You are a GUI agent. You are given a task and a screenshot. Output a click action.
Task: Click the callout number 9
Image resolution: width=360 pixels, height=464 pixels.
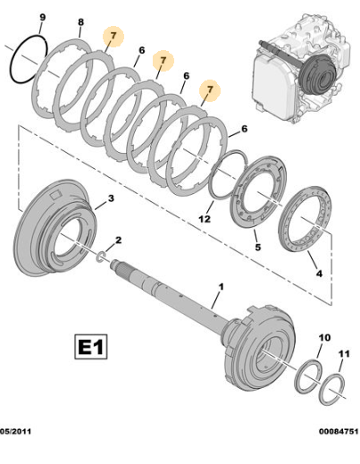43,17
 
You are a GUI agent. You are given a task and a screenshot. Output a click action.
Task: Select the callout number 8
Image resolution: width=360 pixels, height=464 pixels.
80,22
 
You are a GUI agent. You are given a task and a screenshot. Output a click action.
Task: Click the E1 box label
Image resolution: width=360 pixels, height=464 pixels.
90,346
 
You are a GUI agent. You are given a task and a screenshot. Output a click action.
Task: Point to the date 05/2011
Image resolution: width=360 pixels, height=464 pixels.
15,431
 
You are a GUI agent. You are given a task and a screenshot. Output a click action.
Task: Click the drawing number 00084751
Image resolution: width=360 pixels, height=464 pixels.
339,431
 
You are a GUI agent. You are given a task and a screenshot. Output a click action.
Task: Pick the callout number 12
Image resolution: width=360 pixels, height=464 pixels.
205,219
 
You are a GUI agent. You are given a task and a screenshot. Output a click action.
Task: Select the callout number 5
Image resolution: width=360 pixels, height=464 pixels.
258,247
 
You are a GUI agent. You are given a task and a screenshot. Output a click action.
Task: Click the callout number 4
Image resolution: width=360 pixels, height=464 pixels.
319,273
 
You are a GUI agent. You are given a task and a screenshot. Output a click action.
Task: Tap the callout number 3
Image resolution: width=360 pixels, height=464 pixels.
111,198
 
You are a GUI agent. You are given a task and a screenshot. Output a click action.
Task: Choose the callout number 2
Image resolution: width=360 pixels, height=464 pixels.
118,240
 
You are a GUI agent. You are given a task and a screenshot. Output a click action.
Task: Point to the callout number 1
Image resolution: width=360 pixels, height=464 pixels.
221,287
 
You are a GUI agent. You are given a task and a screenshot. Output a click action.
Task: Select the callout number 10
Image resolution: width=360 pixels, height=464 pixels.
324,338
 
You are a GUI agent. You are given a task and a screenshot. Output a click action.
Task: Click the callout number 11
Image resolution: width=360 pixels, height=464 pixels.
344,354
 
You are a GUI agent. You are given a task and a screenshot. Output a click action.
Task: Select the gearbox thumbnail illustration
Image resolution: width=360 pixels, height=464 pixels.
301,69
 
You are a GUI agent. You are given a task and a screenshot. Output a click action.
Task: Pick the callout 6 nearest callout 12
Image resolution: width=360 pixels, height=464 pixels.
244,129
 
